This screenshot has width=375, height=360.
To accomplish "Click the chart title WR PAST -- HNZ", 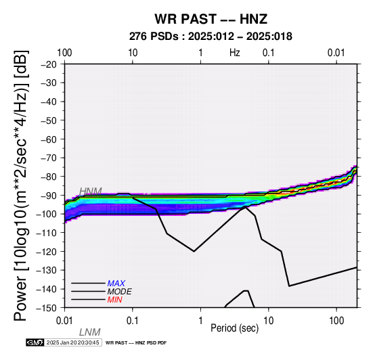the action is [211, 19].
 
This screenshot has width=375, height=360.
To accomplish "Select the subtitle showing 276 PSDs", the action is [211, 37].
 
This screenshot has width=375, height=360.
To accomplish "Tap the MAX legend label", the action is [116, 284].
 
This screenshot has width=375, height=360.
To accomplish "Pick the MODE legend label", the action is [119, 292].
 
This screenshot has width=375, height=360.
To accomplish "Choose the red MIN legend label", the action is [114, 300].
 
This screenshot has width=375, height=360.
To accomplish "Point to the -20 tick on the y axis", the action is [49, 64].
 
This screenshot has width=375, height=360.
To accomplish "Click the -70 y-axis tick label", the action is [49, 158].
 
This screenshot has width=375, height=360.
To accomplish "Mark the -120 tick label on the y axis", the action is [46, 252].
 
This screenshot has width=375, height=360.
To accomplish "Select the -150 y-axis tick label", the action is [46, 308].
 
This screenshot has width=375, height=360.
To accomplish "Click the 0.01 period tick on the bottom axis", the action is [64, 321].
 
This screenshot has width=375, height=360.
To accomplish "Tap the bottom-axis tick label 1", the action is [200, 321].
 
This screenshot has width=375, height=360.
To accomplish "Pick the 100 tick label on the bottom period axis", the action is [336, 321].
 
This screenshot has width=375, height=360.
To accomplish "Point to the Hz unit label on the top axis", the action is [235, 53].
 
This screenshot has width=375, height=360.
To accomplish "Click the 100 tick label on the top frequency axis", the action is [64, 53].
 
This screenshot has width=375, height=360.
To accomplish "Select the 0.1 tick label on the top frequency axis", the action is [269, 53].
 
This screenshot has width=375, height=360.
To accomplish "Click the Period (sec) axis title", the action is [235, 328].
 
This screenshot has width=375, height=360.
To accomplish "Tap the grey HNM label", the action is [91, 192].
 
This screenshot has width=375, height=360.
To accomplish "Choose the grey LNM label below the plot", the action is [89, 332].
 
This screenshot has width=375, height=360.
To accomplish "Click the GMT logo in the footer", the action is [35, 342].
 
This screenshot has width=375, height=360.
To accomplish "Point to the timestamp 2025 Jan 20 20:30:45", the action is [72, 342].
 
